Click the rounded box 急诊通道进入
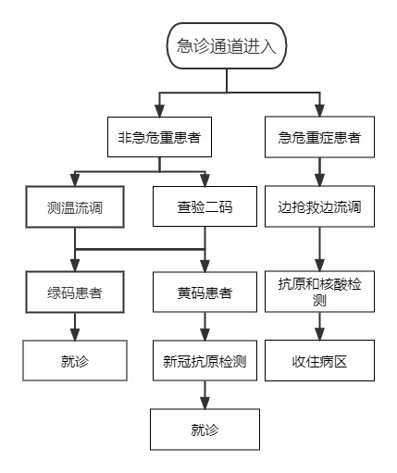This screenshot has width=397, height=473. point(227,45)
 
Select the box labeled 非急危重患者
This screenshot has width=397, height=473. point(159,137)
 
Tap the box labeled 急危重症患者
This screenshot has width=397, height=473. point(319,137)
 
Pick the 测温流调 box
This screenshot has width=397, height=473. point(75,207)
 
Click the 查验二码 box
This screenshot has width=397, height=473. point(205,206)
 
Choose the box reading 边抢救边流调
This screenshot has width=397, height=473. point(319,206)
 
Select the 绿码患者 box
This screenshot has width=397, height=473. point(75,293)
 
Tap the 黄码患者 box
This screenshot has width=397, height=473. point(205,292)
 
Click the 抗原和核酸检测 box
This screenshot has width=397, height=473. point(319,292)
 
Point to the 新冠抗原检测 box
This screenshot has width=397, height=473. point(205,361)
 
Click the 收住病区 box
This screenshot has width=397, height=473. point(319,361)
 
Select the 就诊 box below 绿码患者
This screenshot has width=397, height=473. point(75,361)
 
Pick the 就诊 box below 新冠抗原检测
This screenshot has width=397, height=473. point(205,429)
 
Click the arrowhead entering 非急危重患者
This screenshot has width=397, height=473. point(159,111)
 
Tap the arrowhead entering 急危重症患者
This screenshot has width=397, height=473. point(319,110)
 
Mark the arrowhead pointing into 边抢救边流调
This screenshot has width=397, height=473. point(319,180)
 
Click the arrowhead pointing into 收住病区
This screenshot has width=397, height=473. point(319,334)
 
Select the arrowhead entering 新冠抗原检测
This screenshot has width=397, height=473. point(205,335)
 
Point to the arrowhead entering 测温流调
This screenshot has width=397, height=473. point(75,180)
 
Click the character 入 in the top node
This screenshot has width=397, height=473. point(267,46)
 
